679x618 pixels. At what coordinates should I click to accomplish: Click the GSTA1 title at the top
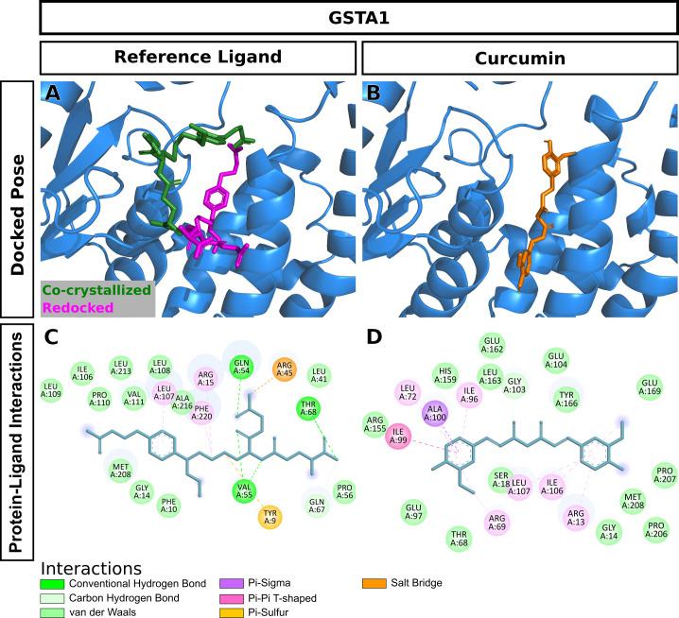point(358,17)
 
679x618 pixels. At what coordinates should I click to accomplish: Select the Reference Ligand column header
point(198,57)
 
